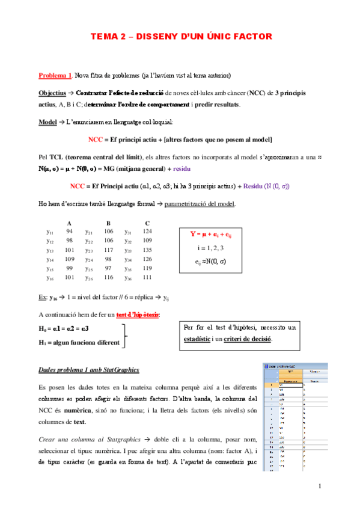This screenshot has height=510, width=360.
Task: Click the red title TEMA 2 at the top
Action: click(x=180, y=37)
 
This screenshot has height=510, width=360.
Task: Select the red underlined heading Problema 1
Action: click(x=55, y=76)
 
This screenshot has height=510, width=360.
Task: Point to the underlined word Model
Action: click(x=47, y=122)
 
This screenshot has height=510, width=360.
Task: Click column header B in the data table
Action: click(x=108, y=223)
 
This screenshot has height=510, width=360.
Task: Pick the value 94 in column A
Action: click(x=69, y=232)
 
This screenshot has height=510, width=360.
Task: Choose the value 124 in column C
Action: click(x=147, y=232)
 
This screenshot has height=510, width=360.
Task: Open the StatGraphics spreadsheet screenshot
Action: click(x=295, y=414)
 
